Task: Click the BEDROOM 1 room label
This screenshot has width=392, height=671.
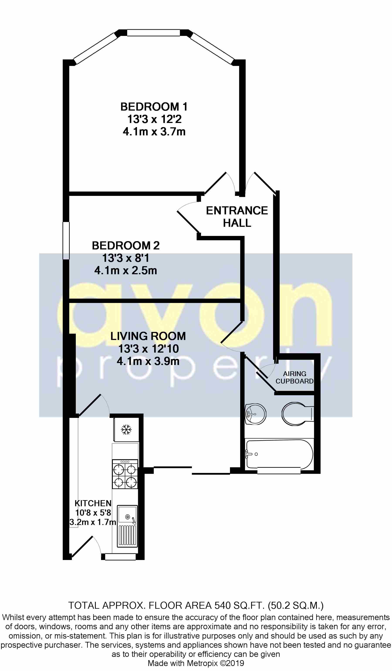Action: click(x=154, y=107)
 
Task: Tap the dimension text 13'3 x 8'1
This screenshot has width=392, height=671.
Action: click(x=125, y=258)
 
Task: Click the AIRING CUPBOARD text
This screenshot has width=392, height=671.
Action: click(x=294, y=377)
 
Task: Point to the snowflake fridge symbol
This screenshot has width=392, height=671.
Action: click(x=126, y=429)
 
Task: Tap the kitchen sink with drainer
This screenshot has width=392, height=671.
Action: click(x=127, y=526)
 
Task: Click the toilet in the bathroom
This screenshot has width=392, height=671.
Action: click(x=297, y=414)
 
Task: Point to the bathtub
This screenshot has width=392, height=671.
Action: click(x=279, y=454)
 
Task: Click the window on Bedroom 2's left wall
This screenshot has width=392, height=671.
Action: click(x=66, y=240)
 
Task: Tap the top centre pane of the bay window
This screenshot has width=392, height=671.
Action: click(x=153, y=33)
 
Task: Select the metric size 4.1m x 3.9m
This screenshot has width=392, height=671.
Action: click(x=148, y=361)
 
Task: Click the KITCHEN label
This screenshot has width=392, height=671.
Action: click(x=93, y=503)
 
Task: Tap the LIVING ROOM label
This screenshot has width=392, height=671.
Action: click(x=148, y=336)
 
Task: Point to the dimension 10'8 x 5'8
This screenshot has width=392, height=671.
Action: click(x=93, y=513)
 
